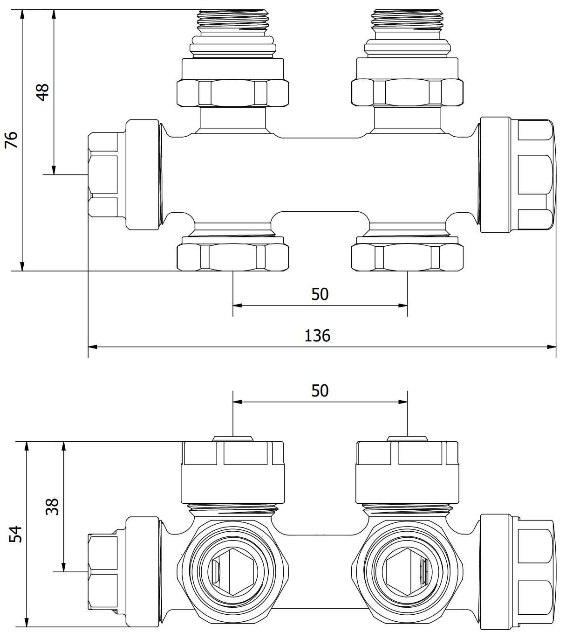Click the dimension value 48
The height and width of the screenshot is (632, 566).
pos(42,92)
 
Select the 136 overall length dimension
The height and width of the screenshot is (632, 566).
pos(317,335)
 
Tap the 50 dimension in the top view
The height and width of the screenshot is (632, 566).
pos(320,294)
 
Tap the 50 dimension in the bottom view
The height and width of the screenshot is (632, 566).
pos(320,391)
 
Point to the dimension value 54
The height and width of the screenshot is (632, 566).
pos(16,534)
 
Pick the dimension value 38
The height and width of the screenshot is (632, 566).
pos(52,507)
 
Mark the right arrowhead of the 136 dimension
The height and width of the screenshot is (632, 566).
pos(552,347)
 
